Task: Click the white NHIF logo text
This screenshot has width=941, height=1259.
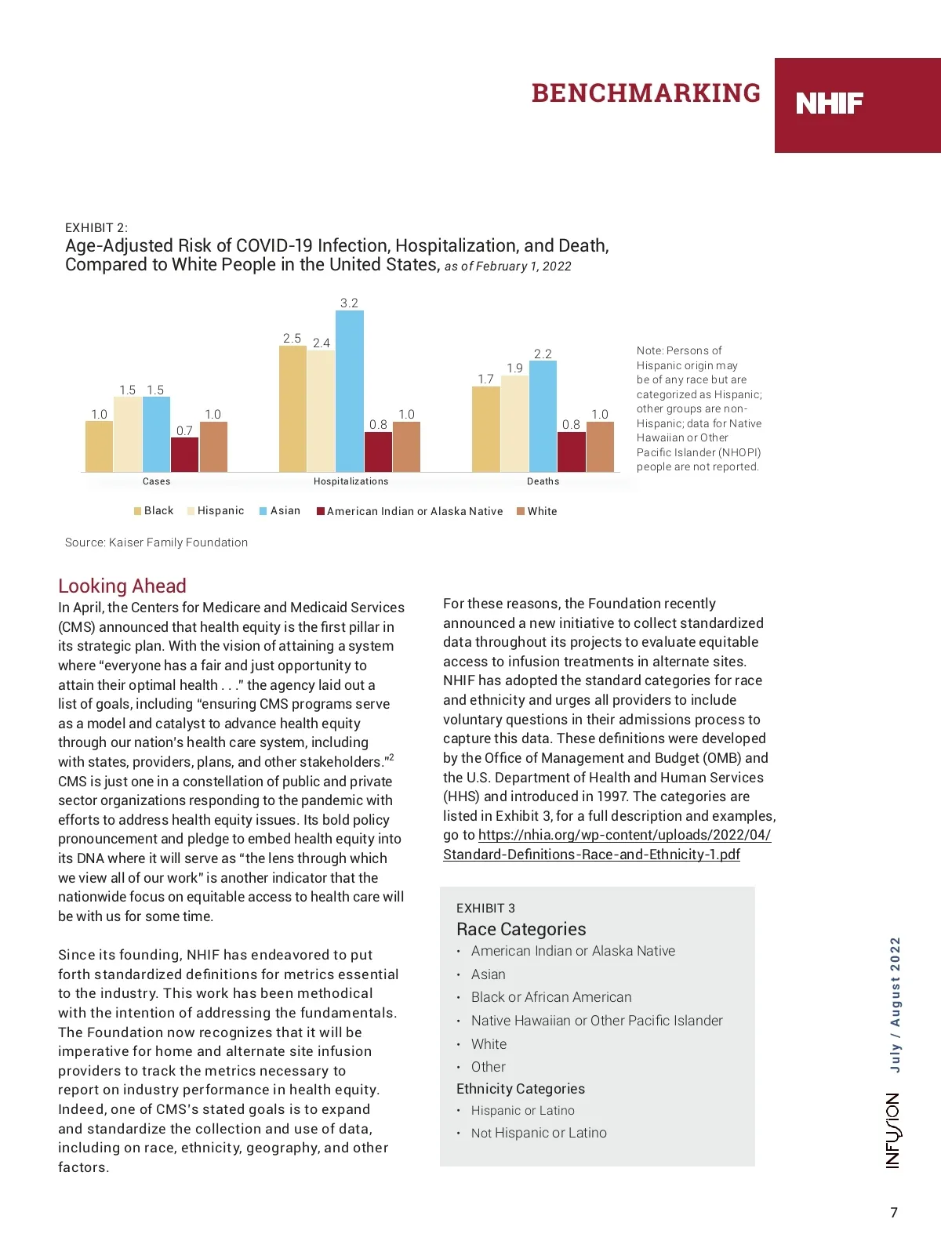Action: [x=830, y=103]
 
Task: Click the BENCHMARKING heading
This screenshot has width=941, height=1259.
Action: [x=645, y=93]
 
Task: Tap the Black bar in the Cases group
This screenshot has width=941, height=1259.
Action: [x=99, y=446]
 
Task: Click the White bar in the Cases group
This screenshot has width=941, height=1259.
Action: [x=213, y=446]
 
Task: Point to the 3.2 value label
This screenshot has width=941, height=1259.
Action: [x=349, y=303]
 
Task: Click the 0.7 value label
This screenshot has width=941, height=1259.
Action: [x=184, y=430]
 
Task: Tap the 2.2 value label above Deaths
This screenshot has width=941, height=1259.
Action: [x=543, y=354]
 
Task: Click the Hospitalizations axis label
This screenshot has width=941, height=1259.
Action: [x=351, y=481]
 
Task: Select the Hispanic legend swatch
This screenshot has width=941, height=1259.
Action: [x=191, y=511]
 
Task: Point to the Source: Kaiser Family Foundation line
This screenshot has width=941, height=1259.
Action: [x=156, y=542]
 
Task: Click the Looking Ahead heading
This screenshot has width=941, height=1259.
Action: [x=122, y=586]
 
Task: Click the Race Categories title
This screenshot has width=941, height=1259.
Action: [x=521, y=929]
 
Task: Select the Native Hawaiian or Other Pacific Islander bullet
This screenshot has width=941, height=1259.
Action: [x=596, y=1021]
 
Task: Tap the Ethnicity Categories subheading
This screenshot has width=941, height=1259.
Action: [x=521, y=1089]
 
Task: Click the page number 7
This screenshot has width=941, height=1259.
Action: [x=894, y=1213]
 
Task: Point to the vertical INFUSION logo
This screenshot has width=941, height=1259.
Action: [x=893, y=1130]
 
